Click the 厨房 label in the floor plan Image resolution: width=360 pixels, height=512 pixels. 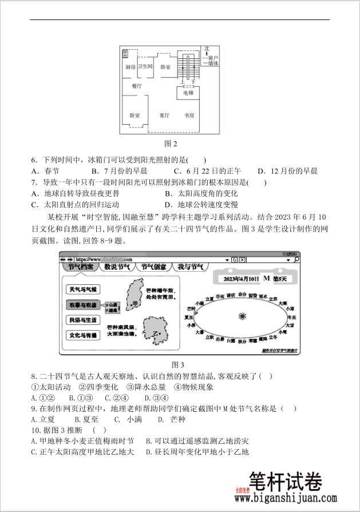pyautogui.click(x=130, y=67)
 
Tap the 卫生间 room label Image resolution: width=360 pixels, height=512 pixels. pyautogui.click(x=145, y=66)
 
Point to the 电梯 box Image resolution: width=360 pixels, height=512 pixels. pyautogui.click(x=188, y=93)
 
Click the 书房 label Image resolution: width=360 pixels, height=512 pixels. pyautogui.click(x=189, y=115)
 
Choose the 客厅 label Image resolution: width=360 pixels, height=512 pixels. pyautogui.click(x=164, y=115)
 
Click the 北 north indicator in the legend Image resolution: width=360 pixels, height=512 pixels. pyautogui.click(x=207, y=49)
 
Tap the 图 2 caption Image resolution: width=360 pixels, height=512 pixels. pyautogui.click(x=171, y=143)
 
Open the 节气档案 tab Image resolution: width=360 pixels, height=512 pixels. pyautogui.click(x=80, y=267)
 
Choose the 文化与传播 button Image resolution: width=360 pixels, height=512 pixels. pyautogui.click(x=83, y=335)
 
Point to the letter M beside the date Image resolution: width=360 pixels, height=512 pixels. pyautogui.click(x=266, y=279)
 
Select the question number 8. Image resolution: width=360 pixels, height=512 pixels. pyautogui.click(x=34, y=376)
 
